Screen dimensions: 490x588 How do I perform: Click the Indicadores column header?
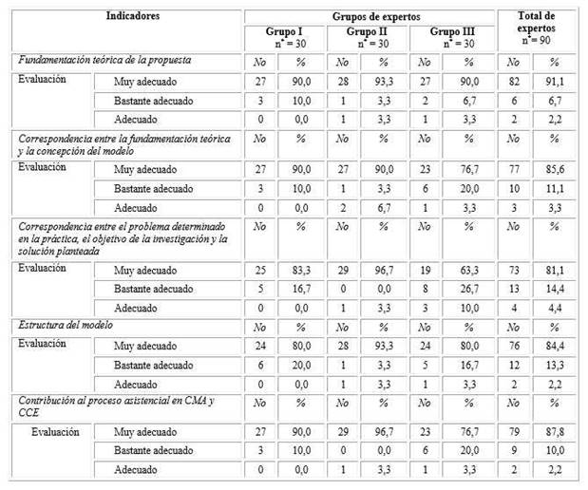pyautogui.click(x=132, y=16)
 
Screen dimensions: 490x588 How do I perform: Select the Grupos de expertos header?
pyautogui.click(x=370, y=16)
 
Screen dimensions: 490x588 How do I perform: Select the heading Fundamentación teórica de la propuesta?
pyautogui.click(x=112, y=61)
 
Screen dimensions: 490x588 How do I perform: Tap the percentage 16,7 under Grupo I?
pyautogui.click(x=303, y=290)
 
